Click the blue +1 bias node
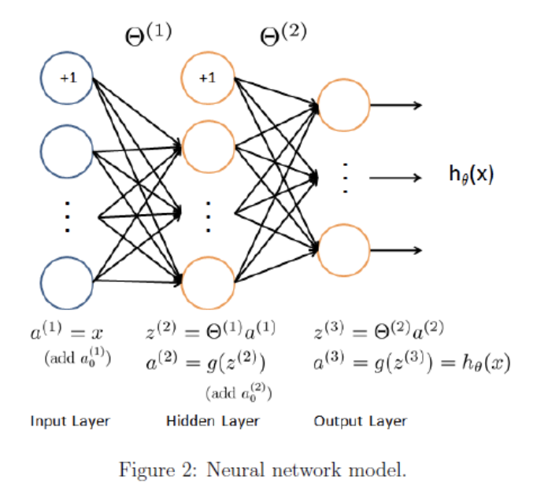click(x=67, y=78)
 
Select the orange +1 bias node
click(x=207, y=78)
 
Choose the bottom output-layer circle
click(x=343, y=250)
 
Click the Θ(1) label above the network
click(x=147, y=34)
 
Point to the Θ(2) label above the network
click(x=283, y=34)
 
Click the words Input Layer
click(x=70, y=421)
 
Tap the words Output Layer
click(x=360, y=421)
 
